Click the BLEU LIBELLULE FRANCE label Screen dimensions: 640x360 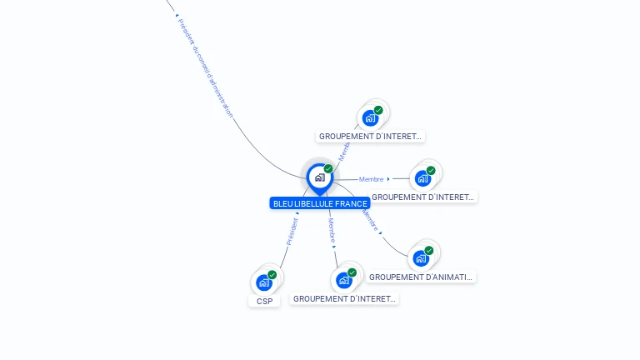click(320, 203)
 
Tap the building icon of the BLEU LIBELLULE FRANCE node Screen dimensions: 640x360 click(319, 177)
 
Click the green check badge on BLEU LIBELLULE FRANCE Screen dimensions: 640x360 click(328, 169)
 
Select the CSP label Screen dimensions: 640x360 click(264, 301)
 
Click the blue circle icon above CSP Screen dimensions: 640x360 click(264, 282)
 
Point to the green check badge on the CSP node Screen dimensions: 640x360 click(272, 275)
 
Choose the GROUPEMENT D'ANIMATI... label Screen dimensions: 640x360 click(421, 277)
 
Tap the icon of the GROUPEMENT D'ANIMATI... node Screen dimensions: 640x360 click(421, 257)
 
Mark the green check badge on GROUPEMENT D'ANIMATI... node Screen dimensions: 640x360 click(429, 250)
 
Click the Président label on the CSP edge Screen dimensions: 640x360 click(292, 231)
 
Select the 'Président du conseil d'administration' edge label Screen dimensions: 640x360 click(205, 67)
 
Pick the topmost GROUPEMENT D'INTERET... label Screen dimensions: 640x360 click(371, 136)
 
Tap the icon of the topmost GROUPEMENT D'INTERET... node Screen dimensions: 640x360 click(370, 117)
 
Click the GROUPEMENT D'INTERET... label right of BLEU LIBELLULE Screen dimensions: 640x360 click(422, 197)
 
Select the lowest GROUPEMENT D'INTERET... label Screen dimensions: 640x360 click(344, 298)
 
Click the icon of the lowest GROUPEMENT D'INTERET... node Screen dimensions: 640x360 click(343, 280)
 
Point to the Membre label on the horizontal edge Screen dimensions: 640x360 click(372, 179)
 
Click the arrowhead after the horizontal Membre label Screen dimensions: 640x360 click(389, 178)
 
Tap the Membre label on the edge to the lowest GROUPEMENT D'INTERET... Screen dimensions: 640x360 click(332, 228)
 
